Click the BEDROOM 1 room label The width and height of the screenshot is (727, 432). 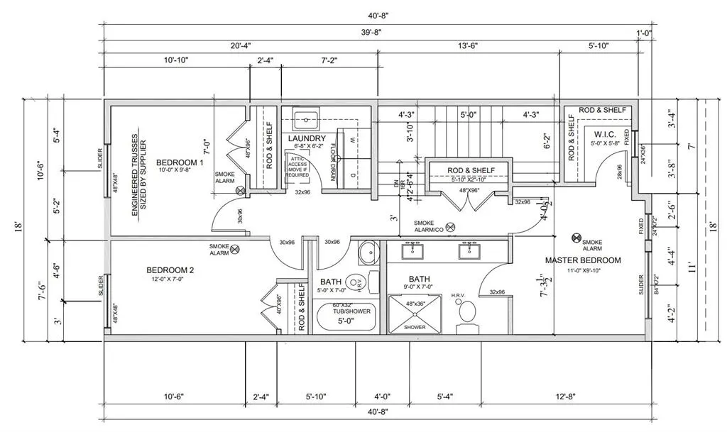click(x=180, y=162)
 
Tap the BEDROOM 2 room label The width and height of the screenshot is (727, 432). click(x=170, y=270)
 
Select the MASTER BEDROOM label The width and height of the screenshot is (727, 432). click(x=583, y=260)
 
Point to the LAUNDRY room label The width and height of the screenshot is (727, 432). click(x=307, y=138)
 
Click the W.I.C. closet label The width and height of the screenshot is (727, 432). click(x=606, y=135)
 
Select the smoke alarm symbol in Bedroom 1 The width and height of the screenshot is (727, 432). click(x=241, y=189)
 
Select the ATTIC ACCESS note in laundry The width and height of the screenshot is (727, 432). click(x=299, y=165)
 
